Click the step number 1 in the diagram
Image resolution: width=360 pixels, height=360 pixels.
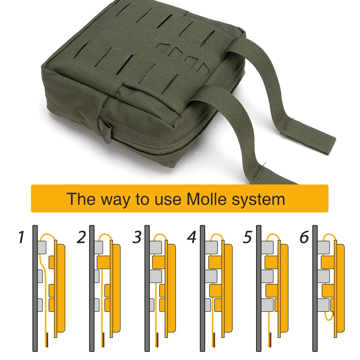(21, 237)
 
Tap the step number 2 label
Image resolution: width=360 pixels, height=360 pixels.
(81, 237)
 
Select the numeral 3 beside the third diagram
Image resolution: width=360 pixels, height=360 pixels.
(137, 237)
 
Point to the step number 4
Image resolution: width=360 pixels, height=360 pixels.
(192, 237)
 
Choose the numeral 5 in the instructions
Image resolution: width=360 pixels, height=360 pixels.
(248, 237)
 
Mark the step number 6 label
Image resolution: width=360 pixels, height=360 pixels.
(305, 237)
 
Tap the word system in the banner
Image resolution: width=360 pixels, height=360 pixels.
(258, 200)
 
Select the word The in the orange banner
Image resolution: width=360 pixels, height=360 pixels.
(81, 198)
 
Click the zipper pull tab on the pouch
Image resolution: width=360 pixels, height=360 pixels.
(106, 130)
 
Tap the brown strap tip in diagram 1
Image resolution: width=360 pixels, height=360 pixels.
(47, 340)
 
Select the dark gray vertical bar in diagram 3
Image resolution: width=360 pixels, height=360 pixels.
(147, 288)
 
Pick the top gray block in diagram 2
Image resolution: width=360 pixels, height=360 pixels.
(99, 247)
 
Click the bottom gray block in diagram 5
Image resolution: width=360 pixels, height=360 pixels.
(268, 305)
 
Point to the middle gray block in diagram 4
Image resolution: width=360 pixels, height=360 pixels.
(211, 276)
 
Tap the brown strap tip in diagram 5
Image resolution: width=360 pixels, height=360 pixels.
(271, 340)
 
